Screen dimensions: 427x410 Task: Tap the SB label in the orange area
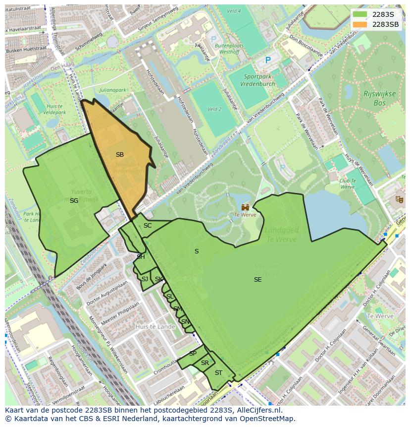click(120, 155)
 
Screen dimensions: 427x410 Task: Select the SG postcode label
click(74, 201)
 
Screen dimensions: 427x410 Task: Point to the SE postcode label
click(257, 280)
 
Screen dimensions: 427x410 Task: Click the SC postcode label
click(148, 226)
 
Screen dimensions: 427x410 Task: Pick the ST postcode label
click(218, 373)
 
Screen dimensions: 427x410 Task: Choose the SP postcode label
click(193, 354)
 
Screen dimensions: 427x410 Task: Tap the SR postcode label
click(205, 363)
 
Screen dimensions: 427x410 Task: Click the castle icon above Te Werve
click(245, 207)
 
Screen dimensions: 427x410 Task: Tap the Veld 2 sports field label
click(214, 109)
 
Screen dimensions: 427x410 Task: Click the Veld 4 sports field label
click(234, 11)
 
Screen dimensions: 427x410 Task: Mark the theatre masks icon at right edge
click(399, 199)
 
